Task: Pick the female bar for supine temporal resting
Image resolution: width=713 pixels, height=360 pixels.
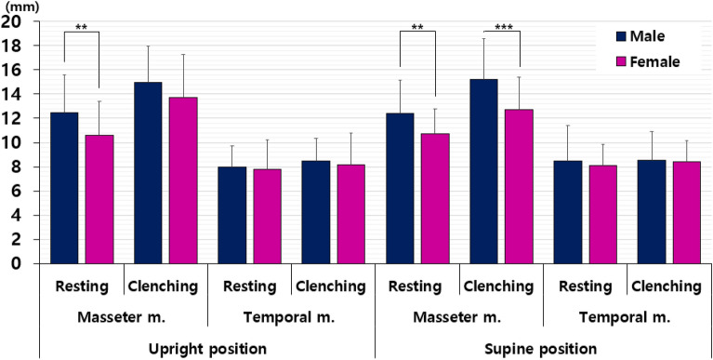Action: click(603, 214)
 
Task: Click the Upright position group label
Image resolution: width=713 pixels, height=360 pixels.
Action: click(207, 349)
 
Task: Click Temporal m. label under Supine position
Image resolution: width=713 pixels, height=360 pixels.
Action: click(627, 317)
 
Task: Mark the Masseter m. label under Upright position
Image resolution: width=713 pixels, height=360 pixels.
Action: click(124, 317)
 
